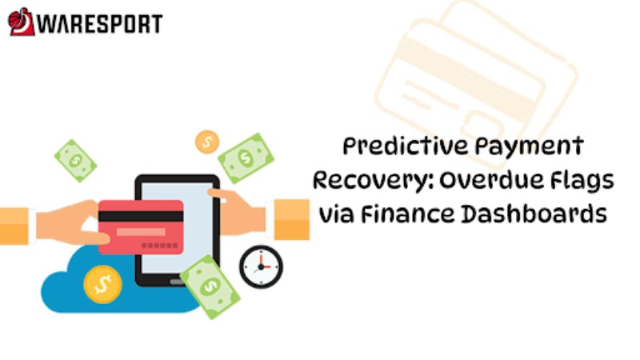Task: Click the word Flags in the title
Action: [579, 180]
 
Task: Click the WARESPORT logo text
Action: [99, 23]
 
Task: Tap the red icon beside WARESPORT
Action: [21, 22]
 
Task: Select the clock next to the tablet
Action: [261, 266]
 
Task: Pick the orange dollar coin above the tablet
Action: [206, 142]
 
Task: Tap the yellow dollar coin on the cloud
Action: [102, 284]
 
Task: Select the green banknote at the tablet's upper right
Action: [246, 158]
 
